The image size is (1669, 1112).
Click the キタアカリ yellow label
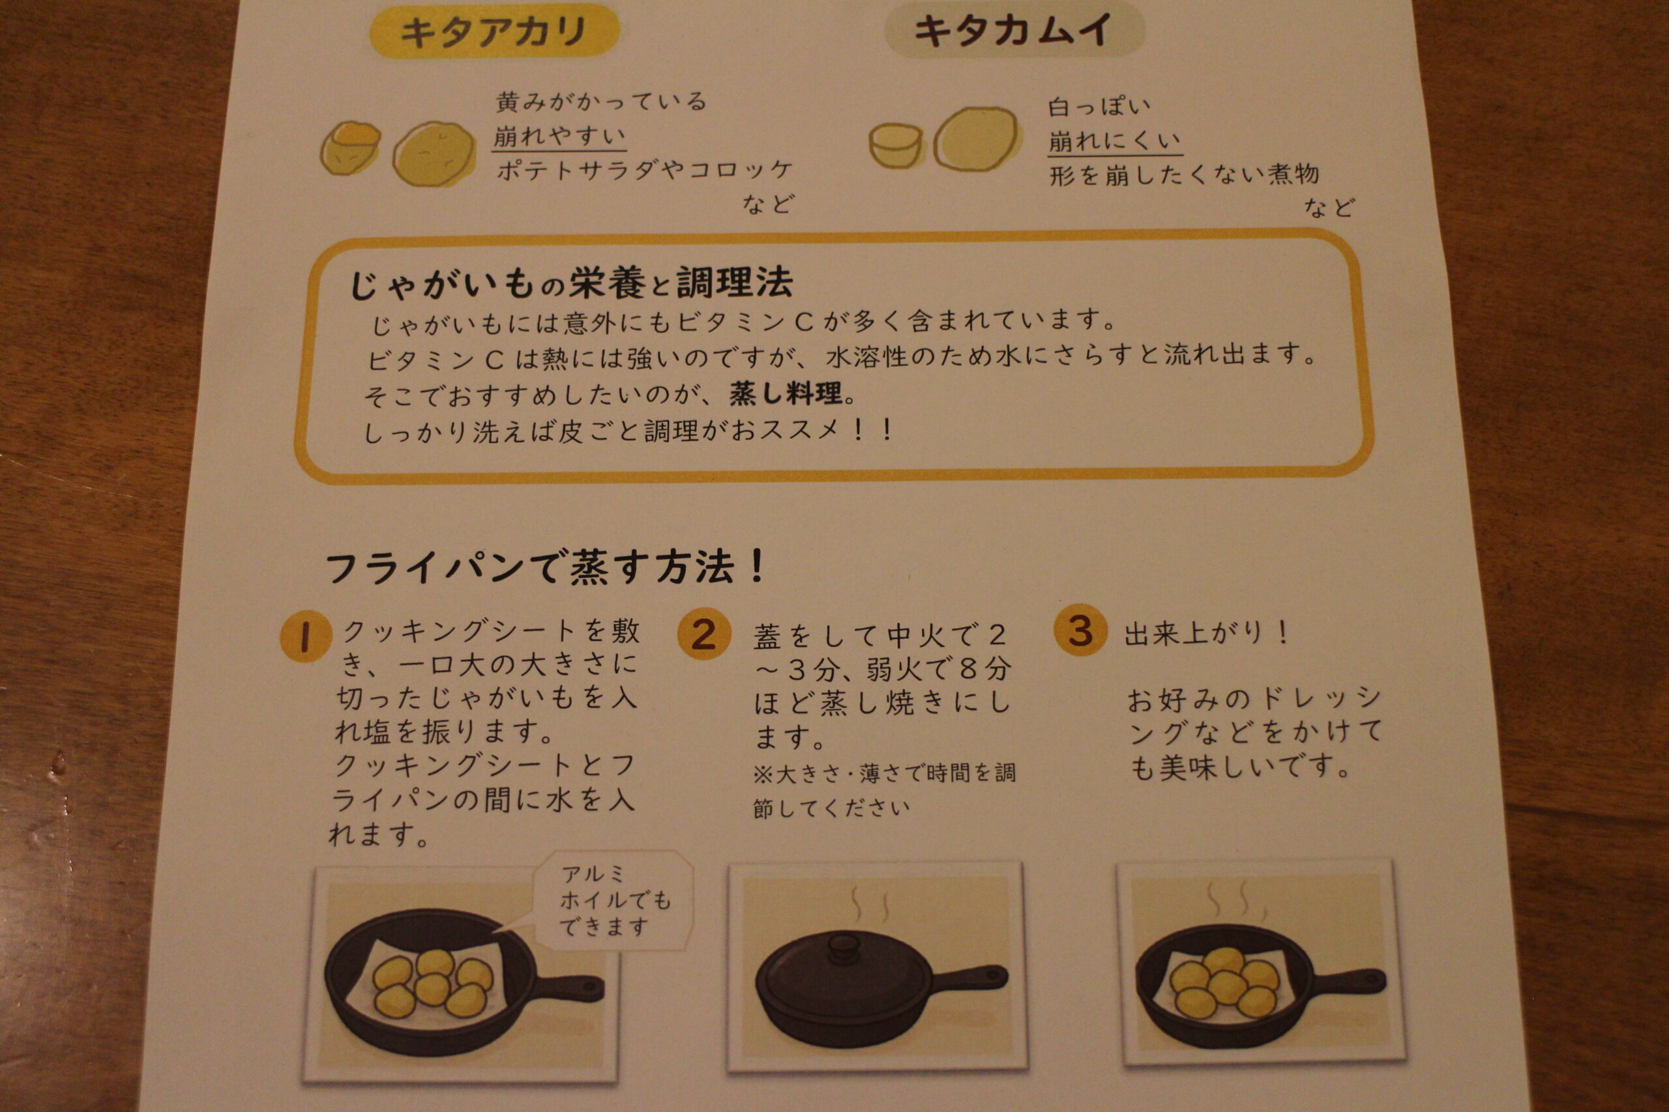(495, 32)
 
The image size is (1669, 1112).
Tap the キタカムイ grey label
(1014, 32)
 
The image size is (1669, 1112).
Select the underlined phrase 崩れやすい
(559, 135)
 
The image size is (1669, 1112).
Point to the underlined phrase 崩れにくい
(1115, 141)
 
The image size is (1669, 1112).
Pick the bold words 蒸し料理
(786, 393)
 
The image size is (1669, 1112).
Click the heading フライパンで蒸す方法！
(545, 568)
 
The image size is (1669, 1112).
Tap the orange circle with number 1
(306, 636)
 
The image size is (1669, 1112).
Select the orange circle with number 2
(703, 633)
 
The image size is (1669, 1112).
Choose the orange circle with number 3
(1080, 630)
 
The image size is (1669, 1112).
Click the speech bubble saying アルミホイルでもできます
(612, 901)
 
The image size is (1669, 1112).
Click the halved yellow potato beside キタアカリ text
(351, 147)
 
